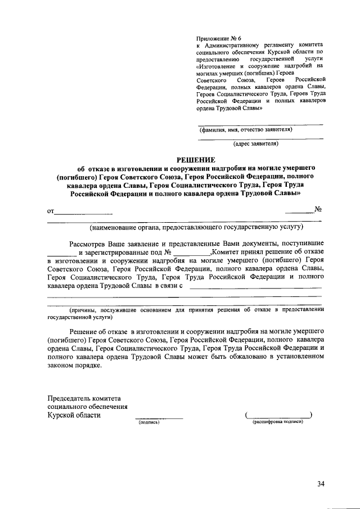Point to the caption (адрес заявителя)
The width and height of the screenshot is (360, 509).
[256, 143]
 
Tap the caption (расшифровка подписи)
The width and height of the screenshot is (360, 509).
[278, 422]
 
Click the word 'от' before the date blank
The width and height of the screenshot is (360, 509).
[51, 211]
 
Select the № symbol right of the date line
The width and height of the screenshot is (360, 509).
[317, 210]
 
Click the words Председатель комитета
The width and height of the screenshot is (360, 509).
[85, 398]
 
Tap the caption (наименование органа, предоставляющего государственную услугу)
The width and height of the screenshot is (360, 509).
[196, 227]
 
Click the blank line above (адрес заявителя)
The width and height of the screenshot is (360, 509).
[260, 138]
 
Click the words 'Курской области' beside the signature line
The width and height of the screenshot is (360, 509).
[74, 415]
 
